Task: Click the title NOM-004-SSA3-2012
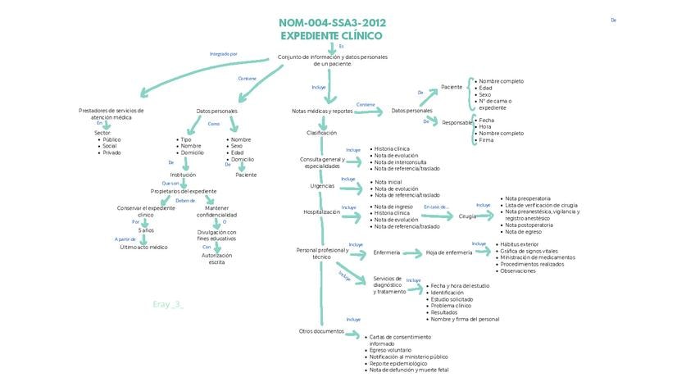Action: point(331,23)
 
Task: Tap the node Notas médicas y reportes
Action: point(322,111)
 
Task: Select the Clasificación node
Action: point(322,132)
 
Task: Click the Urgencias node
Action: point(322,185)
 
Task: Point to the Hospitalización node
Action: point(322,211)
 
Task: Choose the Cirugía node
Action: point(467,216)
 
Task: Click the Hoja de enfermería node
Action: point(449,252)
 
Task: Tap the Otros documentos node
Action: point(322,330)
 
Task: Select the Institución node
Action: point(183,175)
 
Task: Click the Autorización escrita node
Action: point(216,258)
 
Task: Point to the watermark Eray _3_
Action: point(168,304)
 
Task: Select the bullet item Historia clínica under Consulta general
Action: point(392,148)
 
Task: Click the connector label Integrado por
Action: point(223,54)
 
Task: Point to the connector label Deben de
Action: point(185,200)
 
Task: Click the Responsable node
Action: point(457,123)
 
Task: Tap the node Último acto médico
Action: point(143,247)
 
